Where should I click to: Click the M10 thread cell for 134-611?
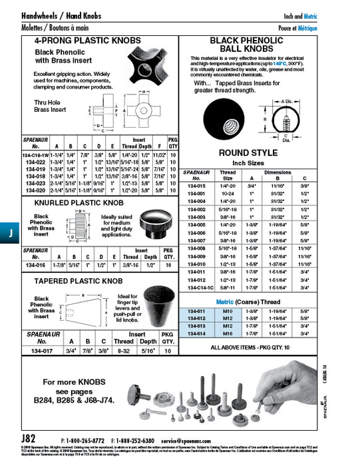pos(228,311)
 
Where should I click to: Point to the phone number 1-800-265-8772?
pos(84,441)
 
